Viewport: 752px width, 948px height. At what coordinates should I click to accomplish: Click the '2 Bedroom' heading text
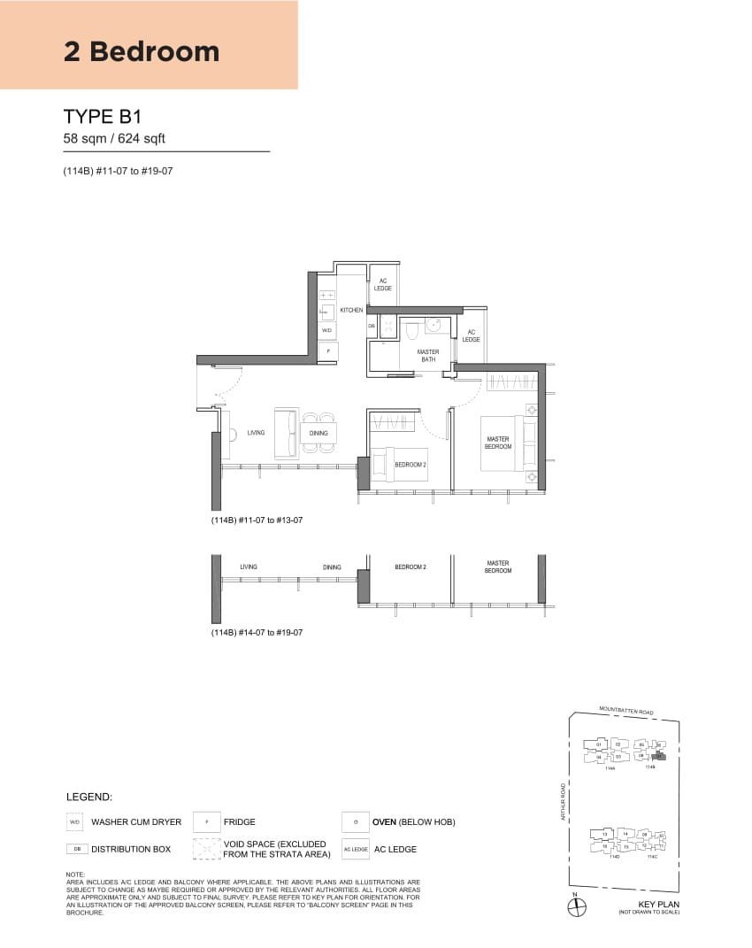142,51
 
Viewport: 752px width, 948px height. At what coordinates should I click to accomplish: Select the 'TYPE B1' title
103,117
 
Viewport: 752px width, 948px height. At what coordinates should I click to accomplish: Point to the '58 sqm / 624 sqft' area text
114,138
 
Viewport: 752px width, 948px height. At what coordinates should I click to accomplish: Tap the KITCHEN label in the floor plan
351,311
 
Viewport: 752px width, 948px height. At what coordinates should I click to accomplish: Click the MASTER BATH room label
428,356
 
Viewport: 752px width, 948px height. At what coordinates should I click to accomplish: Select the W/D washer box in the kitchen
326,330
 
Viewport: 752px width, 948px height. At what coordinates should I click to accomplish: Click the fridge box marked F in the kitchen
327,351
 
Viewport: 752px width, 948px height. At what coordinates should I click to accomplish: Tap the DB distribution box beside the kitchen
372,326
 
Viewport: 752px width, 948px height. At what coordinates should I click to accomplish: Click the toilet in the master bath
411,329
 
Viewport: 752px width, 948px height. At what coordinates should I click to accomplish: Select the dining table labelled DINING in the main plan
318,433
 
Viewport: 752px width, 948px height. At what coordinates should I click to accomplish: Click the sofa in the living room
287,433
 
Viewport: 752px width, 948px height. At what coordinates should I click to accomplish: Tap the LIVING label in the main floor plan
256,433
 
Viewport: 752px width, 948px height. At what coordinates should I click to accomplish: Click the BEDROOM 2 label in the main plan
410,464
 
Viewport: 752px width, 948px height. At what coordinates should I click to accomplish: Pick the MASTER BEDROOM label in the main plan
497,443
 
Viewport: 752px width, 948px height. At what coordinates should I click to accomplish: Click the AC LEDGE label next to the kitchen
383,285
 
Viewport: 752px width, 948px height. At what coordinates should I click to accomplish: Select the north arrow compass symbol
574,906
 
